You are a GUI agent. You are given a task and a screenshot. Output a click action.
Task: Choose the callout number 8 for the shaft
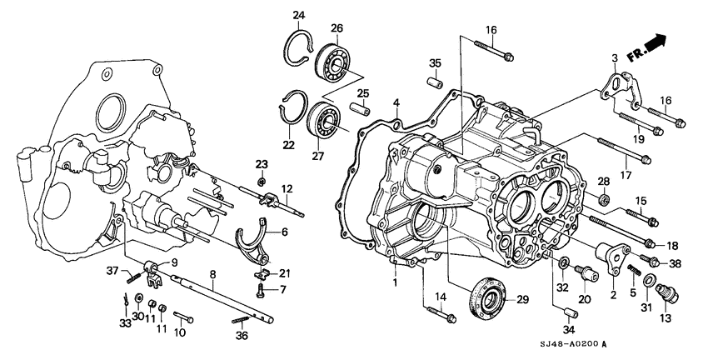pos(213,275)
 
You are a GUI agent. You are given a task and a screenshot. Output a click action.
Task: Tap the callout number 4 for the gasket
pos(397,104)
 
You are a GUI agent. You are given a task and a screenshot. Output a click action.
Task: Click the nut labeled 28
pos(605,200)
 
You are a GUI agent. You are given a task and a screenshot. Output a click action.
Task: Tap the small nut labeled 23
pos(261,181)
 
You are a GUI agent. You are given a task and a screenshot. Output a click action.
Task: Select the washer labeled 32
pos(564,264)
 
